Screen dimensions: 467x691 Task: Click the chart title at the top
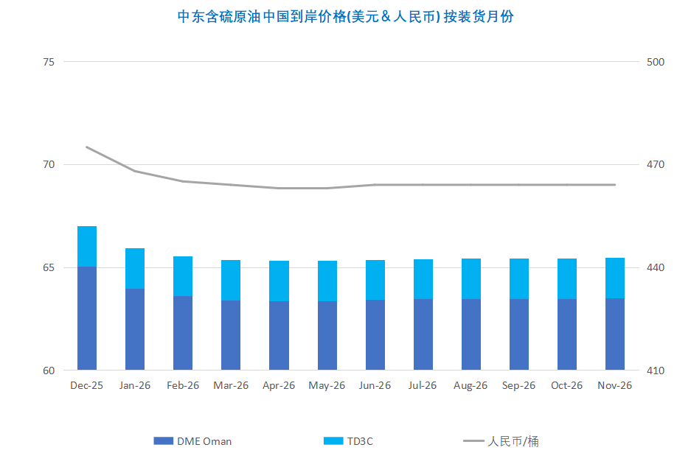(x=345, y=16)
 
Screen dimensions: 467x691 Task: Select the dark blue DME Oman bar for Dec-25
(x=87, y=318)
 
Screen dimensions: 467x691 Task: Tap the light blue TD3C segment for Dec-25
(x=87, y=246)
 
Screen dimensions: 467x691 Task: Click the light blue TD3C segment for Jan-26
(x=135, y=268)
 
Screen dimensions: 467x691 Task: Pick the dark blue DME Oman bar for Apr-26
(x=279, y=335)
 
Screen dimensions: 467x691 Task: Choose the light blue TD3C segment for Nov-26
(x=615, y=278)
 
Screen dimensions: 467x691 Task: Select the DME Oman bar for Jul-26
(x=423, y=334)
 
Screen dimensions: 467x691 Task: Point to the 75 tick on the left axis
(x=49, y=62)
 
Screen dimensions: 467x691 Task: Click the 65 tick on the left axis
(x=49, y=267)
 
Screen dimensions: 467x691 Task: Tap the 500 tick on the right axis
(x=655, y=62)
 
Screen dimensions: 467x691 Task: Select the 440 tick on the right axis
(x=655, y=267)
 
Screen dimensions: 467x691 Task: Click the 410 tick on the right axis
(x=655, y=371)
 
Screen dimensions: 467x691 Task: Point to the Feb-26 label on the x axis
(x=183, y=385)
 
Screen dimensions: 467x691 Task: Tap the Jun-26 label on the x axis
(x=375, y=385)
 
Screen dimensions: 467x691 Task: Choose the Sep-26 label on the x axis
(x=518, y=385)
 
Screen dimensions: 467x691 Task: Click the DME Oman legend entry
(x=193, y=441)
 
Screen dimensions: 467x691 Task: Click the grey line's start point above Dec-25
(x=87, y=147)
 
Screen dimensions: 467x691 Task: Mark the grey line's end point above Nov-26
(x=615, y=185)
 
